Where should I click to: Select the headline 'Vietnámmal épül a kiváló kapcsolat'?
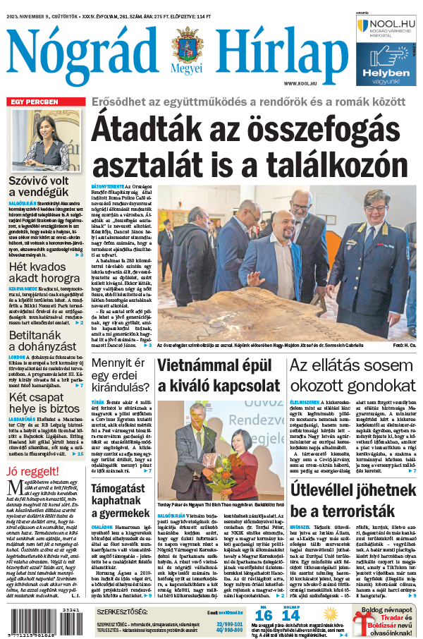click(219, 375)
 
